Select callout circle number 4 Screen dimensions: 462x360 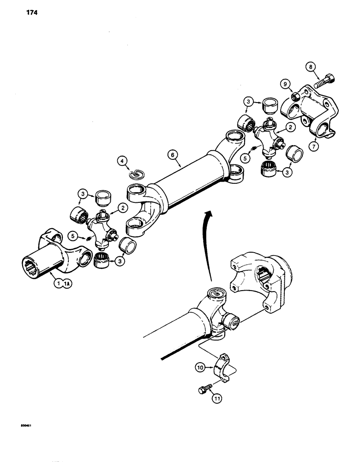click(x=122, y=161)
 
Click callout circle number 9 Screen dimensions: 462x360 click(x=286, y=84)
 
